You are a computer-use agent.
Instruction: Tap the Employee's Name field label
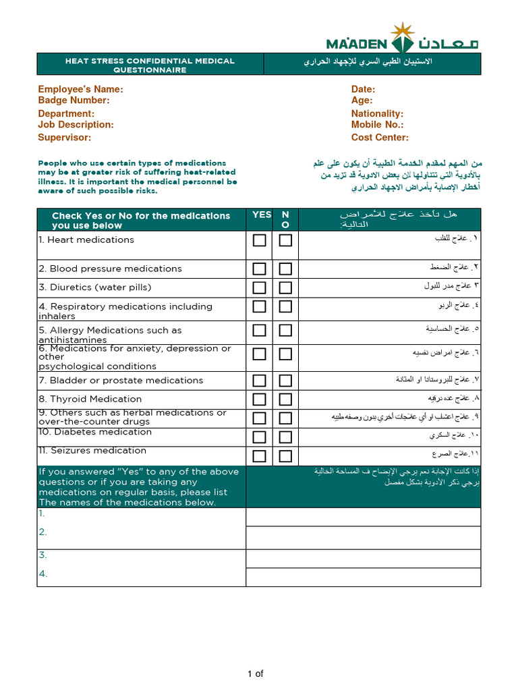(80, 89)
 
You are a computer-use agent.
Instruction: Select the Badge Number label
(74, 101)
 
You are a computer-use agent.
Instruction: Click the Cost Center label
(380, 138)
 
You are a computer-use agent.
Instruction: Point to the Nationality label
(377, 114)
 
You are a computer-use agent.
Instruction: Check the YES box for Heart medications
(260, 240)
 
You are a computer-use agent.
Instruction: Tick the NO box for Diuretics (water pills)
(285, 287)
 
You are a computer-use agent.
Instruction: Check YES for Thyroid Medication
(260, 399)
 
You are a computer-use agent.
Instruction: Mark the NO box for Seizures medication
(285, 455)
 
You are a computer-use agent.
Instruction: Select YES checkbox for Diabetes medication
(260, 437)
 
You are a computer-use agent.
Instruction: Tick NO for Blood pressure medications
(285, 269)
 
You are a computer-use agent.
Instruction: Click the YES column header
(262, 215)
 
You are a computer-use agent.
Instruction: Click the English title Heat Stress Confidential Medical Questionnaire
(150, 65)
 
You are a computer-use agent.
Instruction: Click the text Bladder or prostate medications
(126, 381)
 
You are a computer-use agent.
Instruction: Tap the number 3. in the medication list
(42, 555)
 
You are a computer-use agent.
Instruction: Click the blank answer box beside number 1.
(363, 517)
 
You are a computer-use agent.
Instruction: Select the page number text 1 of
(255, 673)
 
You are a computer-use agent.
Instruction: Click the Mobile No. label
(377, 125)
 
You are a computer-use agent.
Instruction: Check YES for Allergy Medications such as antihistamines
(260, 331)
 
